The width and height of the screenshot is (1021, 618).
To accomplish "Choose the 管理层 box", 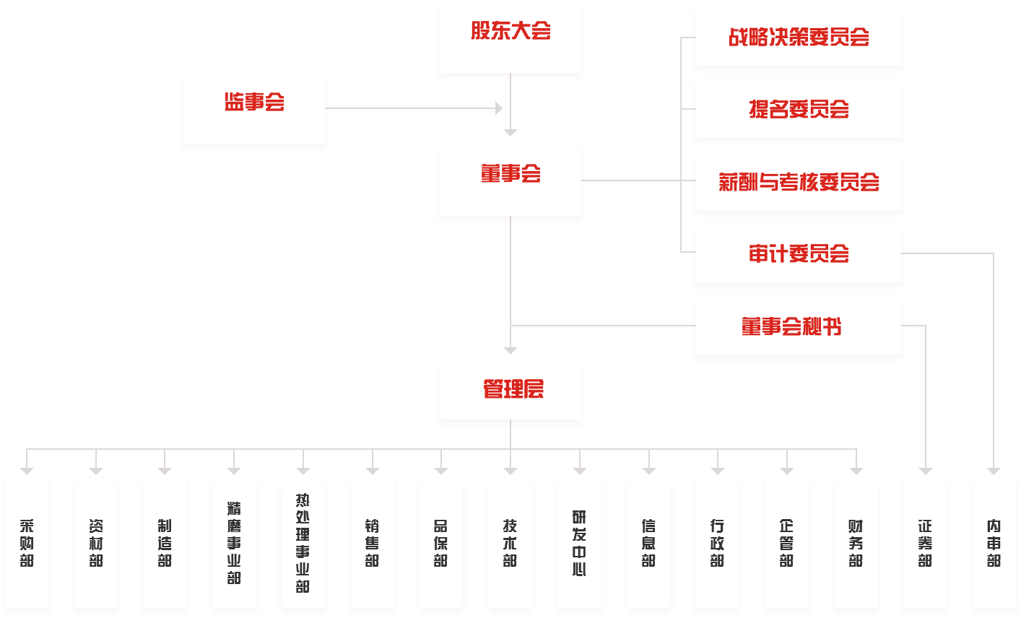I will coord(510,392).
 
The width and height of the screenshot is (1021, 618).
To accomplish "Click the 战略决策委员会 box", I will coord(798,38).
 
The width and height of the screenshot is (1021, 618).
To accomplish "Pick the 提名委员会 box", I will coord(798,110).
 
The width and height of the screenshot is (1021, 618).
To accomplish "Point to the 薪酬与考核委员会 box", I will coord(798,182).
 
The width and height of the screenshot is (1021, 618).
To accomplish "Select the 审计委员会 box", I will coord(798,254).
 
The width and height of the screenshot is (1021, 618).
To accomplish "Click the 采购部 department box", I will coord(27,544).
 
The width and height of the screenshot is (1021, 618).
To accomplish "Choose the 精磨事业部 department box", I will coord(234,544).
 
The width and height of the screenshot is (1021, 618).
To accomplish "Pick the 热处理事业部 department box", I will coord(303,544).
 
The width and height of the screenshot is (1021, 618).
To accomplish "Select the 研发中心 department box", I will coord(579,544).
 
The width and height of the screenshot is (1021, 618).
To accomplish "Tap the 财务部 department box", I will coord(856,544).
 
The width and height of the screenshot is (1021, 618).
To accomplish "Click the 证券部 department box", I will coord(925,544).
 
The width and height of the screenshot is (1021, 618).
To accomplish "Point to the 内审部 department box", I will coord(994,544).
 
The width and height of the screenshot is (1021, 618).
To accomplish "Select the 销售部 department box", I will coord(372,544).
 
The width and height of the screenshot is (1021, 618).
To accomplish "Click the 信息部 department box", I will coord(648,544).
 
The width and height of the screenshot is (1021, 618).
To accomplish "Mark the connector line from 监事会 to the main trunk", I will coord(412,108).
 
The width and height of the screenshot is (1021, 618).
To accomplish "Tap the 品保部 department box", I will coord(441,544).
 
